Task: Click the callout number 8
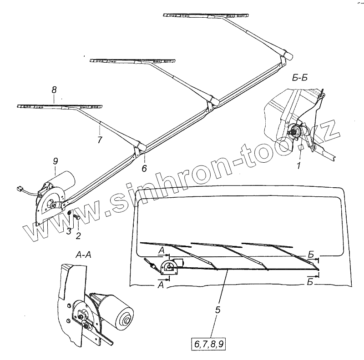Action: pos(54,90)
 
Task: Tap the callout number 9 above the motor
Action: pos(55,160)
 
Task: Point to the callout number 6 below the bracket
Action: pos(144,168)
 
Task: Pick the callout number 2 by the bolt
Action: pos(78,235)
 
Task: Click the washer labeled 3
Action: pos(68,214)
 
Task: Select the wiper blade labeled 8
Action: pos(59,106)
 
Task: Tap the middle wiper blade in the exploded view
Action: pos(133,60)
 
